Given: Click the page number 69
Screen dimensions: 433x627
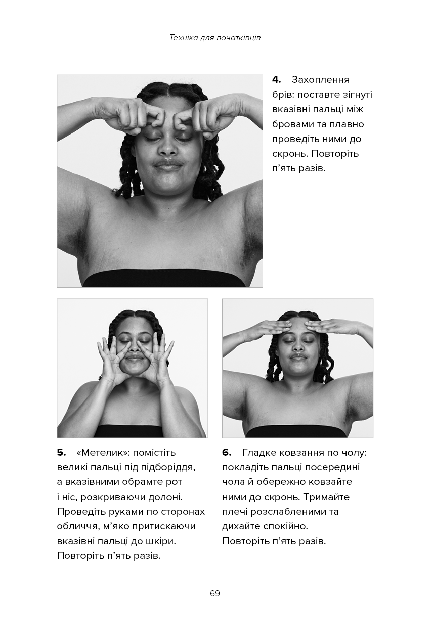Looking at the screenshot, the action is (x=215, y=593).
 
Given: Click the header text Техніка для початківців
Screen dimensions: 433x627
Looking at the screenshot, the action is (x=215, y=38).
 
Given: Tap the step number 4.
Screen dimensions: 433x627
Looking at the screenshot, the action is (x=276, y=80).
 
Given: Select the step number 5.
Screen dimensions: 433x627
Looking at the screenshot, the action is (x=61, y=453).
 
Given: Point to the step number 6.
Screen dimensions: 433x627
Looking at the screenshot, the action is (x=226, y=453).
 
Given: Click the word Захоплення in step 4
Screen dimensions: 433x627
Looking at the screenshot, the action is (x=320, y=80).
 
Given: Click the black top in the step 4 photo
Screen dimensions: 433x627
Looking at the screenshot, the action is (x=163, y=278).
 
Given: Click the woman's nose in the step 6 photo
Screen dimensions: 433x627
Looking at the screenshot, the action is (x=298, y=346).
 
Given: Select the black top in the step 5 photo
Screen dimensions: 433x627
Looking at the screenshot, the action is (x=128, y=431).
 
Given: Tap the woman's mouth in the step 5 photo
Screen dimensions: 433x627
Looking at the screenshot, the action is (x=135, y=359).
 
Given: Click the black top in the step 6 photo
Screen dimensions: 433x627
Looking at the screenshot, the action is (x=296, y=433).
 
